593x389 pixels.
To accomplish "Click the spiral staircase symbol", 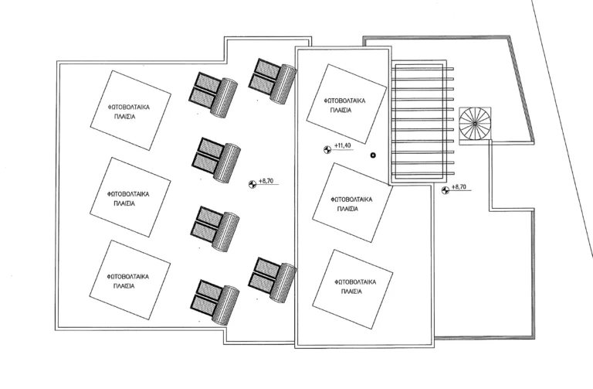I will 474,124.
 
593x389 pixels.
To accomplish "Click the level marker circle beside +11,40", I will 327,148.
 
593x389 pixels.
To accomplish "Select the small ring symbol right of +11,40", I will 373,155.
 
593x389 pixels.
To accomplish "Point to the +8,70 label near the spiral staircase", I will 460,188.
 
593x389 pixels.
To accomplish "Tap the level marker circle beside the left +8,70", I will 252,184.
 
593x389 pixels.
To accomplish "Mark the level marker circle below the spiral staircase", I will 445,190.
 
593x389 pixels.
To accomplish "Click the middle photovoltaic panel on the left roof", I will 125,198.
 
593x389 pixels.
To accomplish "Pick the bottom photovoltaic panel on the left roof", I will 125,280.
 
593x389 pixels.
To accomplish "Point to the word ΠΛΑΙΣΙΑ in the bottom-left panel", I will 124,285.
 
